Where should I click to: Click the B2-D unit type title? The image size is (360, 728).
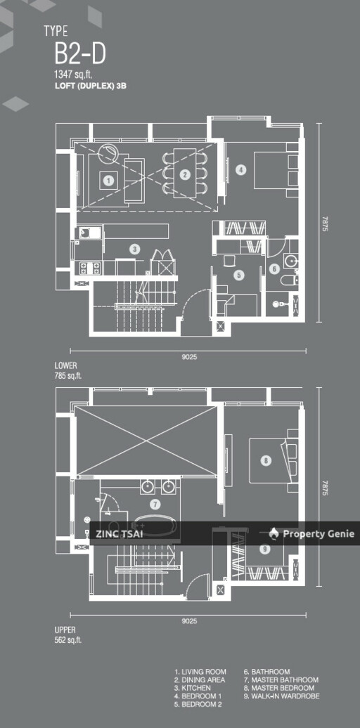[x=80, y=54]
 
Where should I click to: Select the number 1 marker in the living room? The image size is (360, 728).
[x=108, y=180]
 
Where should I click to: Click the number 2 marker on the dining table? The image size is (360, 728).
[x=185, y=175]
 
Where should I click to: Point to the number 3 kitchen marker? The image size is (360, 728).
[x=135, y=249]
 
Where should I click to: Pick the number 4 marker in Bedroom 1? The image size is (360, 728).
[x=240, y=170]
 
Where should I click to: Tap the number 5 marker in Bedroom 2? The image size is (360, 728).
[x=239, y=275]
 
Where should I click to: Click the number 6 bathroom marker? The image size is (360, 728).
[x=274, y=268]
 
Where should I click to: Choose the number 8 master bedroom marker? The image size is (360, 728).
[x=265, y=460]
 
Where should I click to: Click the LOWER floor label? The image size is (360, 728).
[x=65, y=366]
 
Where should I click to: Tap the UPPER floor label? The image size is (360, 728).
[x=65, y=630]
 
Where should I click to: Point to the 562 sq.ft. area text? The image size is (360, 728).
[x=68, y=639]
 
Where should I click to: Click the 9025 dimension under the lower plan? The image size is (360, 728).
[x=188, y=358]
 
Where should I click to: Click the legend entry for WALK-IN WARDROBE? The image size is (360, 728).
[x=282, y=696]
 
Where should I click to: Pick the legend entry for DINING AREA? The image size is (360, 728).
[x=200, y=680]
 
